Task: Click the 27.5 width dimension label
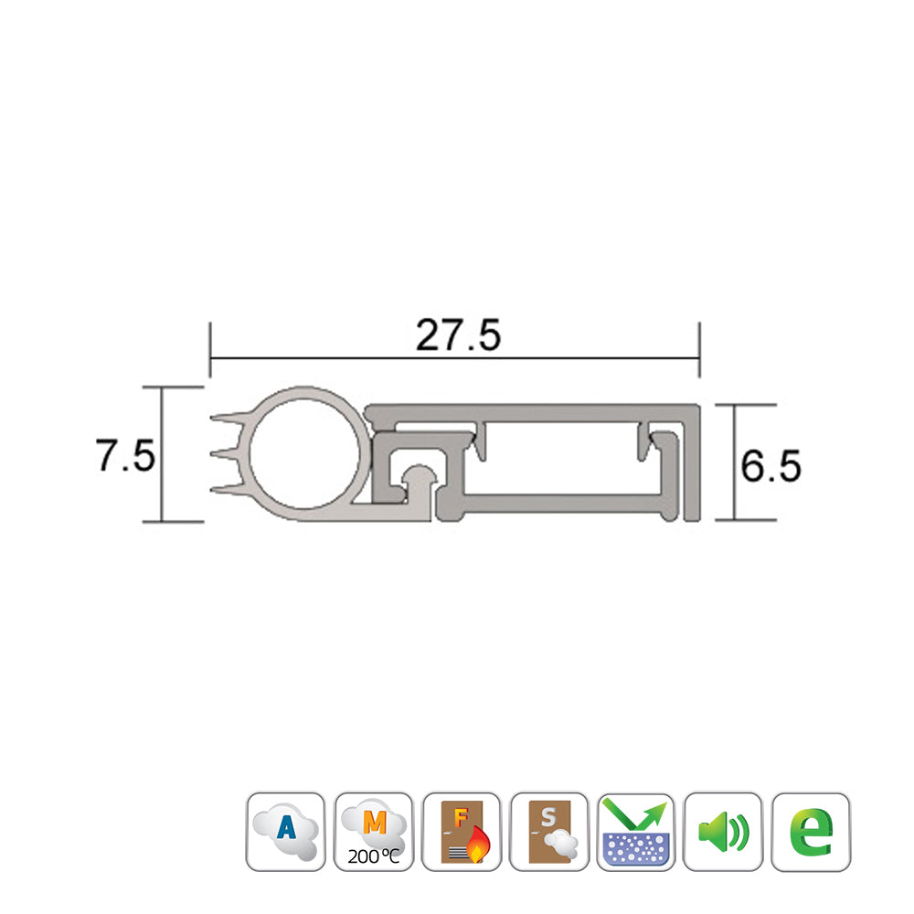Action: (x=458, y=336)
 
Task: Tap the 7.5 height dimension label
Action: (x=125, y=454)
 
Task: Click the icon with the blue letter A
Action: (x=286, y=831)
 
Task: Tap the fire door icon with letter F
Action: (x=462, y=831)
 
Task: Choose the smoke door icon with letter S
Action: (x=548, y=831)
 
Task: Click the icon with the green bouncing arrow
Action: (x=636, y=831)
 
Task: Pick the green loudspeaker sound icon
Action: (x=723, y=831)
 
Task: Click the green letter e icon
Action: (x=811, y=831)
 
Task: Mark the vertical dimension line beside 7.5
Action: (x=163, y=454)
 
